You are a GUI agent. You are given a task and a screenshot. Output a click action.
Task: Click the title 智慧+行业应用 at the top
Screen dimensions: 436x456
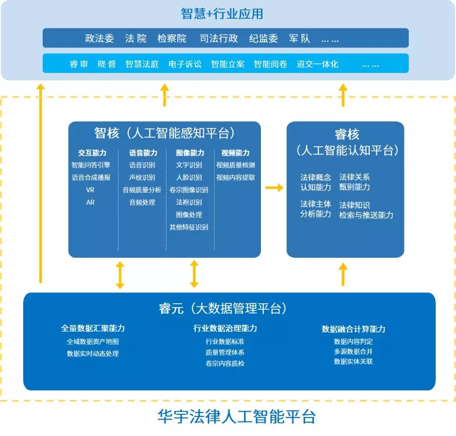tap(222, 14)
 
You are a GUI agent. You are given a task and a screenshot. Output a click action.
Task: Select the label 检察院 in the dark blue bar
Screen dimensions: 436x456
tap(171, 38)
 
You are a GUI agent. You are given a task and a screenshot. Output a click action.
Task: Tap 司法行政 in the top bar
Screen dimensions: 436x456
tap(219, 38)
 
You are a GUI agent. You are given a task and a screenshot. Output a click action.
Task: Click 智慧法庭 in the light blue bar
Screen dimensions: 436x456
tap(142, 64)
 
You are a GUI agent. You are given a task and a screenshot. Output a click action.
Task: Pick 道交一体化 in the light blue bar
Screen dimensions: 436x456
tap(317, 64)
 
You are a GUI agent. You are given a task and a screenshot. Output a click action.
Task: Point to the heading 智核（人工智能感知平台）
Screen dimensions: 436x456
tap(164, 134)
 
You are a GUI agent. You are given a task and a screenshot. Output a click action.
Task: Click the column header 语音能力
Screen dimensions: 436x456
tap(143, 153)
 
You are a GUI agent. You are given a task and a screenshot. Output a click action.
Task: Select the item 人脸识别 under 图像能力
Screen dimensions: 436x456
tap(189, 177)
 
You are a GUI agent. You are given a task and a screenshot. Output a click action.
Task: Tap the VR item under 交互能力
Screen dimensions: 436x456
tap(90, 190)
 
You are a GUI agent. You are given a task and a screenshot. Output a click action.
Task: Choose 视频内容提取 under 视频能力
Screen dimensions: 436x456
tap(236, 177)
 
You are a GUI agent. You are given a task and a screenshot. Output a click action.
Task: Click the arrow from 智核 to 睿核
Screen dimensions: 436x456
tap(274, 188)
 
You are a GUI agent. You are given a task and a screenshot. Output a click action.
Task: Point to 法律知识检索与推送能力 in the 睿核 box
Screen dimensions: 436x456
tap(366, 210)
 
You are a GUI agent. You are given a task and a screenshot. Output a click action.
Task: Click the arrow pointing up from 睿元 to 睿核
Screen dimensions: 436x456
tap(343, 274)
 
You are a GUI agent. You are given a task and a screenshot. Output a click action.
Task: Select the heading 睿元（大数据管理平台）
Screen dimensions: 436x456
tap(223, 309)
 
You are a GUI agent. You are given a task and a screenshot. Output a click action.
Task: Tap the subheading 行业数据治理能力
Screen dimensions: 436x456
tap(225, 328)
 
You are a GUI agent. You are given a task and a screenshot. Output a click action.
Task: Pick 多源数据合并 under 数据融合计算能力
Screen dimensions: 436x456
tap(353, 352)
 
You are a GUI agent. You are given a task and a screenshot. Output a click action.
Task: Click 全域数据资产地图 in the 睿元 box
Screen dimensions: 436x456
tap(92, 342)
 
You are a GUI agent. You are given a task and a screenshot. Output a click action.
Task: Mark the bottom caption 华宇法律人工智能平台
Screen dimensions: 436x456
tap(236, 417)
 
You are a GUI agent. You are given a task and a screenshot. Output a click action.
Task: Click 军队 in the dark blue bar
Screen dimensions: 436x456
tap(299, 38)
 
